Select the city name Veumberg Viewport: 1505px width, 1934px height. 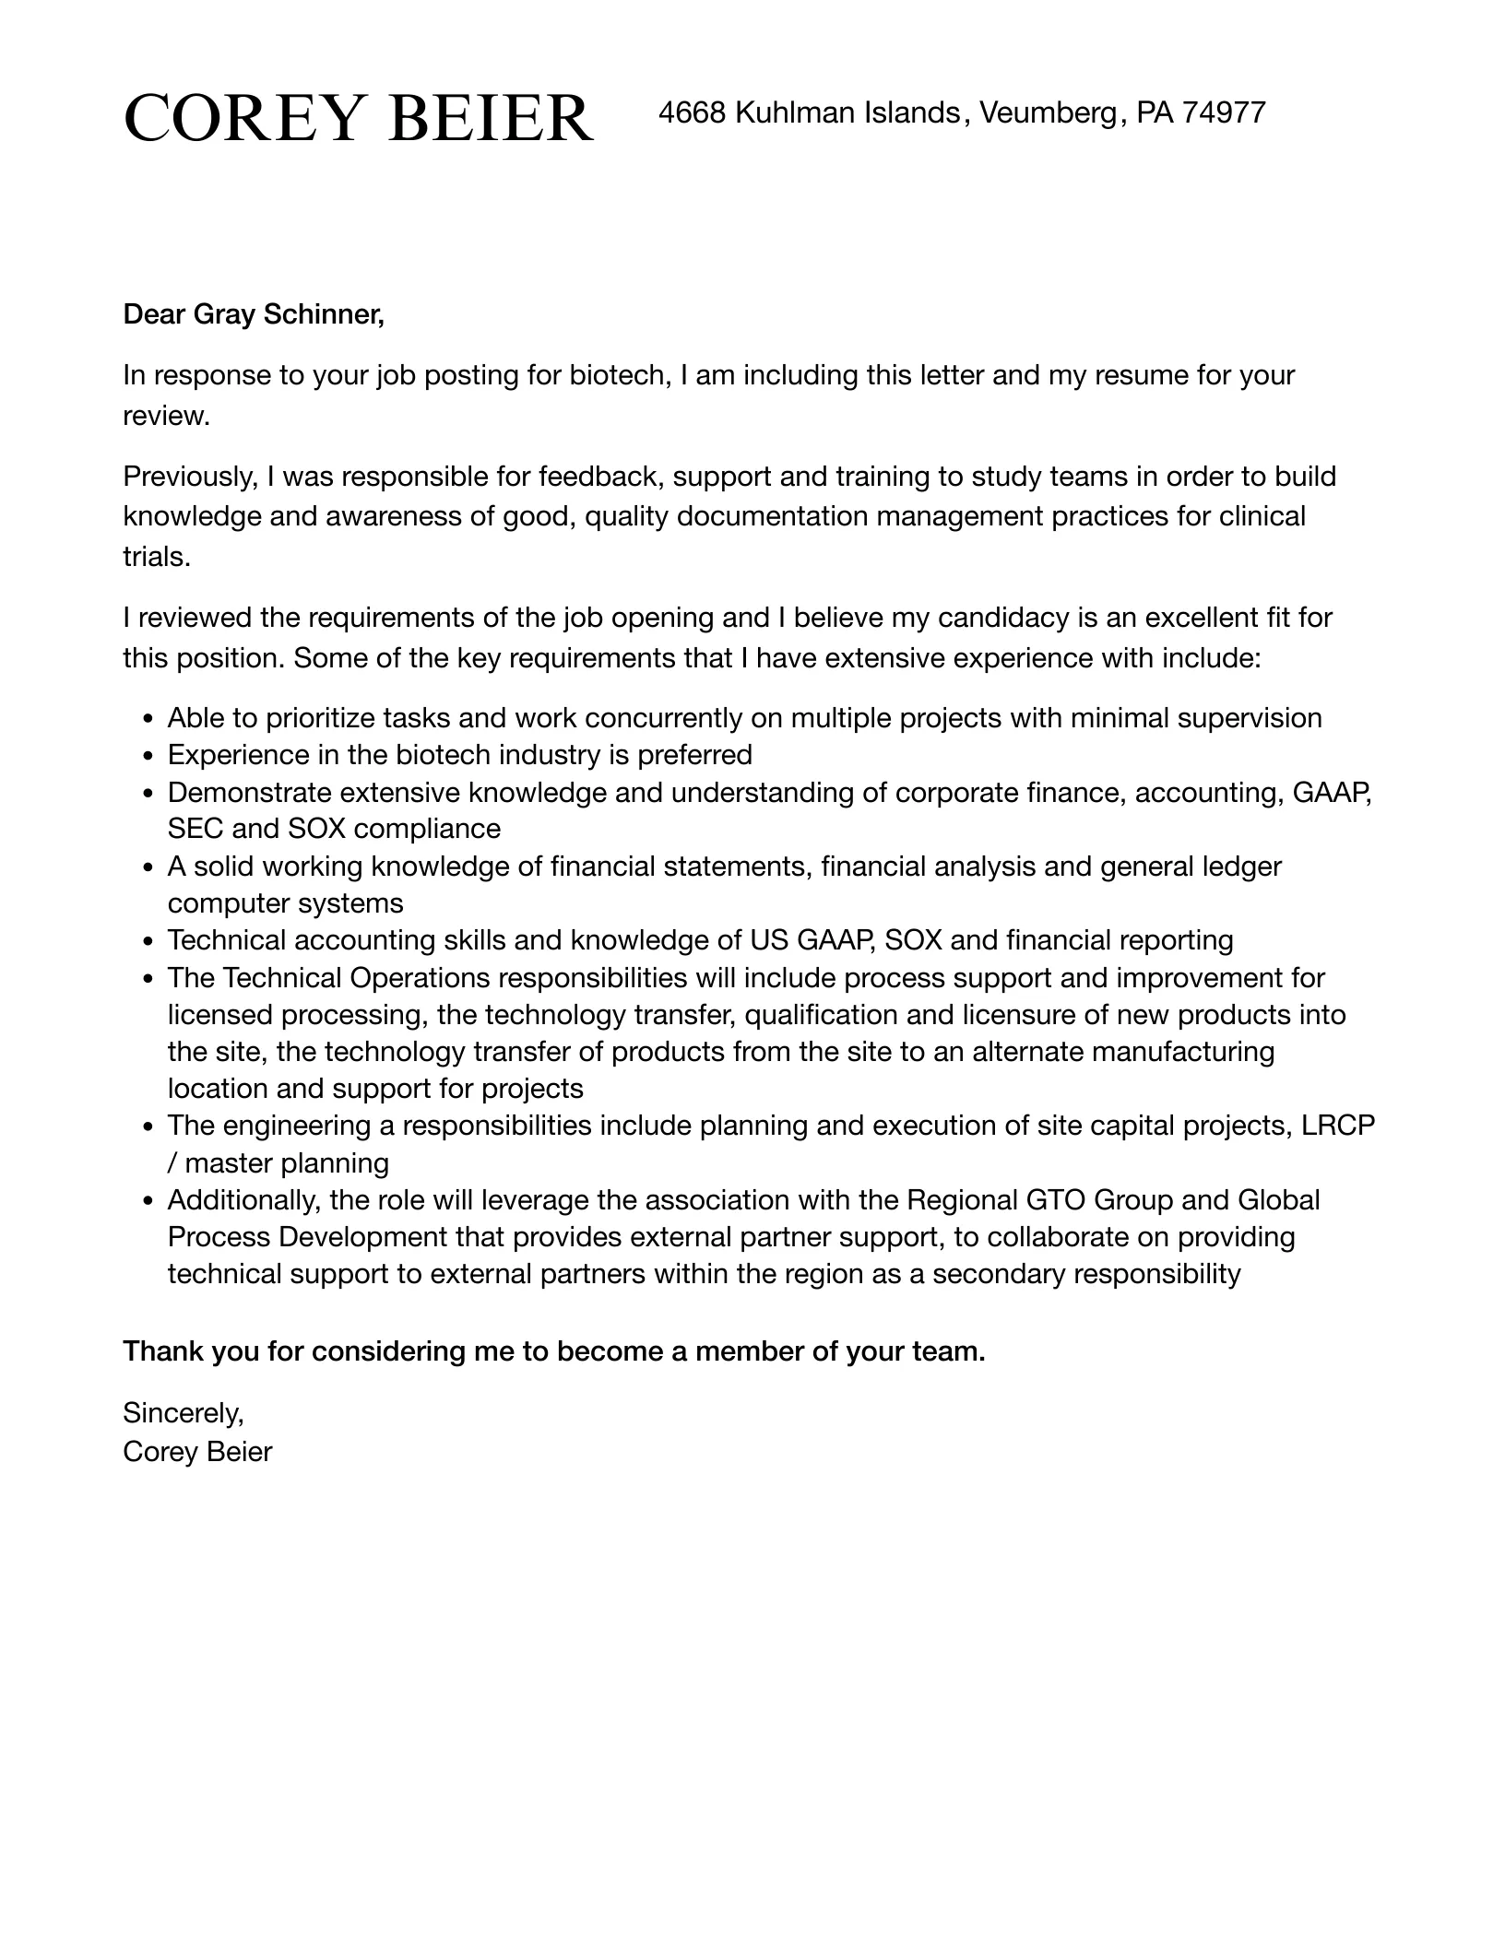pos(1048,112)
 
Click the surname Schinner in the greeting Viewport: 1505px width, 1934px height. pos(323,315)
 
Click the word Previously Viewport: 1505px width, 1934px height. pos(190,477)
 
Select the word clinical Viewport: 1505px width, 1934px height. pos(1262,516)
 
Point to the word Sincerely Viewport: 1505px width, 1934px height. pos(183,1412)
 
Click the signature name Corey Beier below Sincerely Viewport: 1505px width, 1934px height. pos(197,1452)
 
